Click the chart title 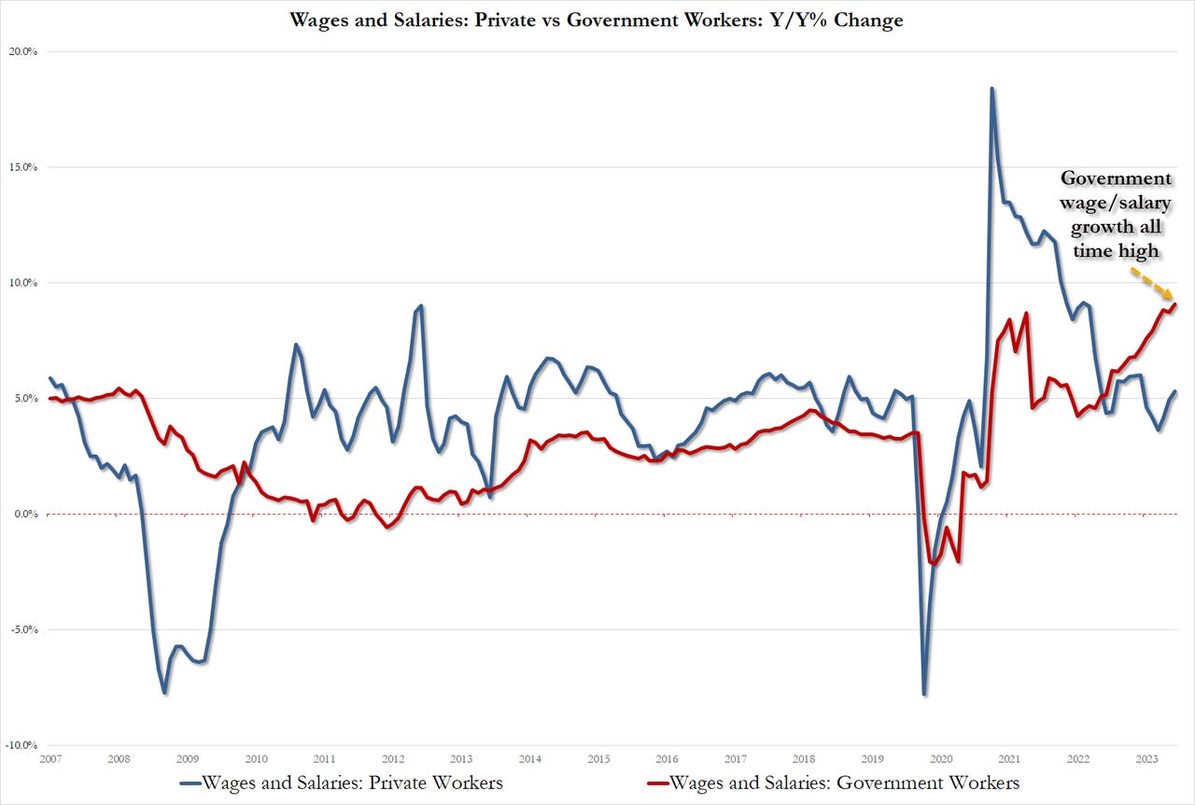pyautogui.click(x=597, y=19)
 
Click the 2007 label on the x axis pyautogui.click(x=51, y=759)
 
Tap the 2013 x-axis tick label pyautogui.click(x=460, y=759)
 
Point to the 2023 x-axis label pyautogui.click(x=1143, y=759)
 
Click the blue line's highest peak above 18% pyautogui.click(x=991, y=89)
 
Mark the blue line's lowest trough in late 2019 pyautogui.click(x=924, y=694)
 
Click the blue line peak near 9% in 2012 pyautogui.click(x=421, y=305)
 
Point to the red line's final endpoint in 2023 pyautogui.click(x=1175, y=304)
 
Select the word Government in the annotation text pyautogui.click(x=1115, y=178)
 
